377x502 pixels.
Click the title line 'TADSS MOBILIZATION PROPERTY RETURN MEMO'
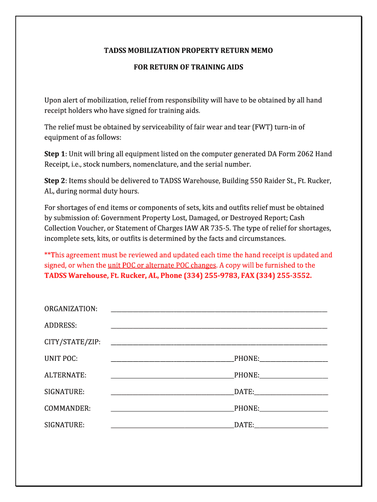[188, 50]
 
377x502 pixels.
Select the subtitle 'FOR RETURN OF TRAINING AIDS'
[188, 67]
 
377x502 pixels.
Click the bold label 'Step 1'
[55, 154]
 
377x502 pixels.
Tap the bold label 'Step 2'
[55, 181]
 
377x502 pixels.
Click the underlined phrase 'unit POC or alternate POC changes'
[162, 265]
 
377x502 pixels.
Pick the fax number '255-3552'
[294, 276]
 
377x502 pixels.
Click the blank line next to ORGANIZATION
[219, 310]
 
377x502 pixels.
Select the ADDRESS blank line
[219, 326]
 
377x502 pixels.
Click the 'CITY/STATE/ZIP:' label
[72, 342]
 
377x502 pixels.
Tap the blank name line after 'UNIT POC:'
[172, 359]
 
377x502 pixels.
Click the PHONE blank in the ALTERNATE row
[294, 376]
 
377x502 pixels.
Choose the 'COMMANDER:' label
[68, 408]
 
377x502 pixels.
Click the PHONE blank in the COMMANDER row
[294, 409]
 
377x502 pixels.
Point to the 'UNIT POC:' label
[61, 358]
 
